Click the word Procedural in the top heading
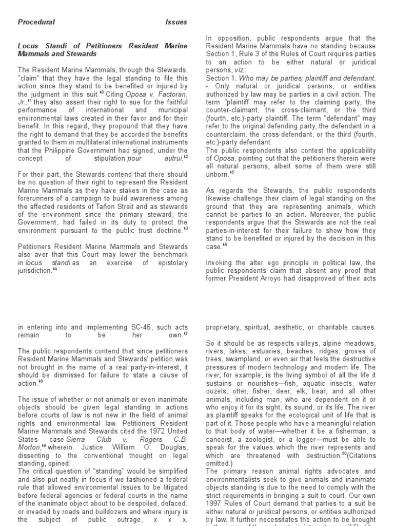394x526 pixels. (36, 22)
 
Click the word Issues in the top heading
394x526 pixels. (176, 22)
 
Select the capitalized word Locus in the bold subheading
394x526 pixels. (28, 46)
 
